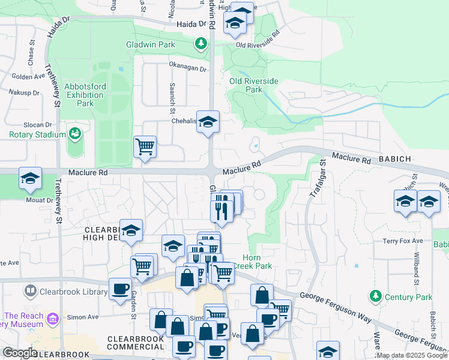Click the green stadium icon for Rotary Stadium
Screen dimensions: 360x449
(75, 133)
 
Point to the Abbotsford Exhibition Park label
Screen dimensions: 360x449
(85, 95)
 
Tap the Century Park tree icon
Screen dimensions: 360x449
(376, 296)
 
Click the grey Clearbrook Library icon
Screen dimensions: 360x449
(30, 292)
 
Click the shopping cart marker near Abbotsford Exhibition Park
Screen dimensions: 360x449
(145, 146)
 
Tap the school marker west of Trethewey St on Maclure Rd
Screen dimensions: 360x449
(30, 178)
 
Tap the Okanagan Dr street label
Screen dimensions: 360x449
(187, 69)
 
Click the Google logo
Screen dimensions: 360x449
(20, 353)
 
